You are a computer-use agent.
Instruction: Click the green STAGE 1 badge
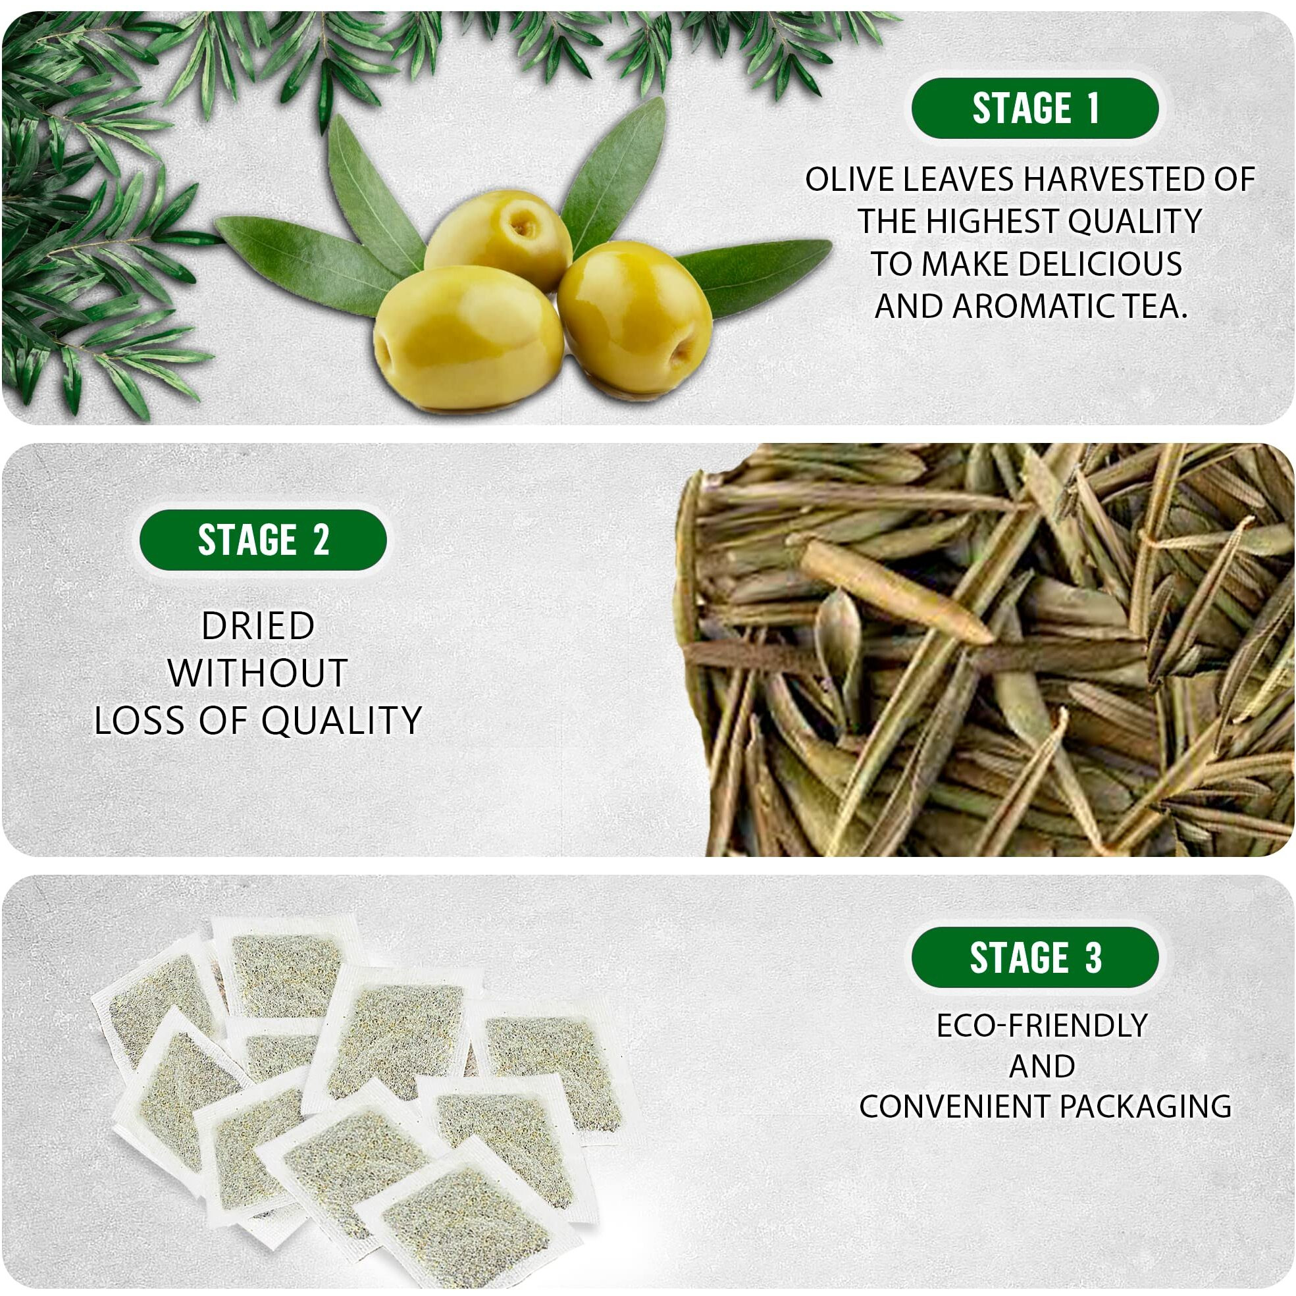pyautogui.click(x=1035, y=108)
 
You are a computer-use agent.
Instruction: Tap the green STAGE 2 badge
pyautogui.click(x=263, y=540)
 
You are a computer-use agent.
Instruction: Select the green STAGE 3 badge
pyautogui.click(x=1035, y=957)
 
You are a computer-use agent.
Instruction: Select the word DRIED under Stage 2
pyautogui.click(x=258, y=626)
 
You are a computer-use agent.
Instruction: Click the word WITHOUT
pyautogui.click(x=258, y=673)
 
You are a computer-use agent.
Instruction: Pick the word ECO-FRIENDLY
pyautogui.click(x=1042, y=1025)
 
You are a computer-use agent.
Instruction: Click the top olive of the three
pyautogui.click(x=499, y=239)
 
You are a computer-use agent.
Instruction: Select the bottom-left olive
pyautogui.click(x=468, y=337)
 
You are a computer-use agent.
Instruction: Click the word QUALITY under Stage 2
pyautogui.click(x=342, y=721)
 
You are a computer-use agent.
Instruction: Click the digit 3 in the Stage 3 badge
pyautogui.click(x=1094, y=957)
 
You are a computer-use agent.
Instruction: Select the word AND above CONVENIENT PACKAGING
pyautogui.click(x=1042, y=1066)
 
